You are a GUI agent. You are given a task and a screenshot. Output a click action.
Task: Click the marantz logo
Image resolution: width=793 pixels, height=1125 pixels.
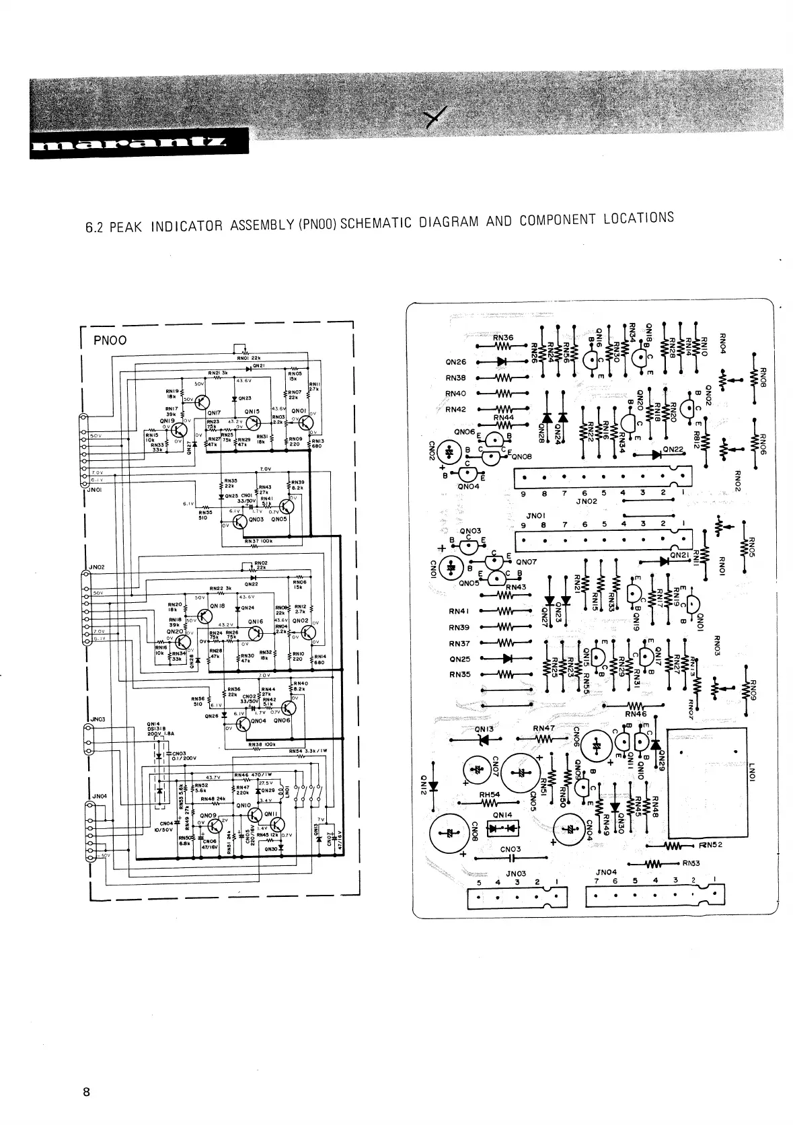pyautogui.click(x=128, y=147)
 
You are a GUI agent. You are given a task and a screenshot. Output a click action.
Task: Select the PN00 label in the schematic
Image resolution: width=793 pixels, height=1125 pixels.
pyautogui.click(x=110, y=340)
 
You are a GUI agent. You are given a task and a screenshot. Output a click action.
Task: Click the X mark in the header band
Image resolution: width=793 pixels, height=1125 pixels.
pyautogui.click(x=439, y=120)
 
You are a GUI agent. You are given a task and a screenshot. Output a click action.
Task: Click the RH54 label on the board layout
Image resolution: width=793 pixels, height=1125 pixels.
pyautogui.click(x=490, y=795)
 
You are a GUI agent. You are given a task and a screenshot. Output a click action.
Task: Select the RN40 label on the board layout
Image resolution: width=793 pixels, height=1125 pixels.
pyautogui.click(x=455, y=394)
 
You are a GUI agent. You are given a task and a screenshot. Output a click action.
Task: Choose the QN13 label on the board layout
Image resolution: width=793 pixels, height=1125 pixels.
pyautogui.click(x=484, y=729)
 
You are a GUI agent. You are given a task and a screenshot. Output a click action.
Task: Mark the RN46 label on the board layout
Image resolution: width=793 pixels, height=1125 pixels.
pyautogui.click(x=635, y=714)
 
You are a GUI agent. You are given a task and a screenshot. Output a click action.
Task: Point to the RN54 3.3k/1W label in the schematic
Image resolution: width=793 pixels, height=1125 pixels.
pyautogui.click(x=304, y=751)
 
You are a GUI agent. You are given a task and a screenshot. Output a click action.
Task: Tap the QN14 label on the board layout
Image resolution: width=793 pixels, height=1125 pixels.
pyautogui.click(x=502, y=814)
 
